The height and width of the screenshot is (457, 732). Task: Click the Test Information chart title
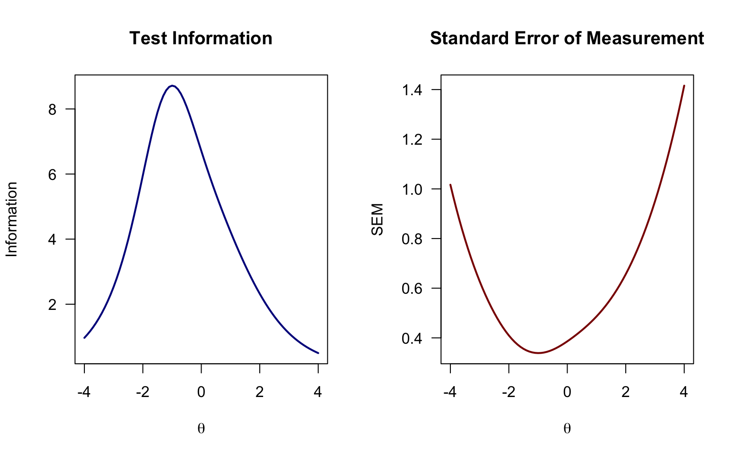point(201,39)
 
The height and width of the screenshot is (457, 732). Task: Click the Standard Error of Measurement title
point(567,39)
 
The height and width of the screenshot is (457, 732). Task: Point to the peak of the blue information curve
point(173,86)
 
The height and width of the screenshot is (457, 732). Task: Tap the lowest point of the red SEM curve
point(538,353)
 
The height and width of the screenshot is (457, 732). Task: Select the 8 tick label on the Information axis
point(52,109)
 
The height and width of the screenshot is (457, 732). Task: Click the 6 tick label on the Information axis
point(52,174)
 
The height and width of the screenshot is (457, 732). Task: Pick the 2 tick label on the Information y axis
point(52,305)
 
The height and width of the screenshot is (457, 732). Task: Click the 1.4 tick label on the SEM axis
point(413,90)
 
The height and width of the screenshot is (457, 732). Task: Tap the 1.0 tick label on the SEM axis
point(413,189)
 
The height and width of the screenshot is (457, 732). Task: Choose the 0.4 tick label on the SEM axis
point(413,338)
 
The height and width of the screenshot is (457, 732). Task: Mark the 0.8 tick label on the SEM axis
point(413,239)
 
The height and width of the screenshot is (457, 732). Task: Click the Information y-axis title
point(12,219)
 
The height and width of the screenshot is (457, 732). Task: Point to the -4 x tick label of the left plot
point(84,392)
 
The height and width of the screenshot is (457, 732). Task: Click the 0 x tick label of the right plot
point(567,392)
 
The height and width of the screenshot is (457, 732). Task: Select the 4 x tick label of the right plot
point(684,392)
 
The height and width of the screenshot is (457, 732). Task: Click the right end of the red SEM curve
point(684,86)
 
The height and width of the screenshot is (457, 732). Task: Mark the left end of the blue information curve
point(84,338)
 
